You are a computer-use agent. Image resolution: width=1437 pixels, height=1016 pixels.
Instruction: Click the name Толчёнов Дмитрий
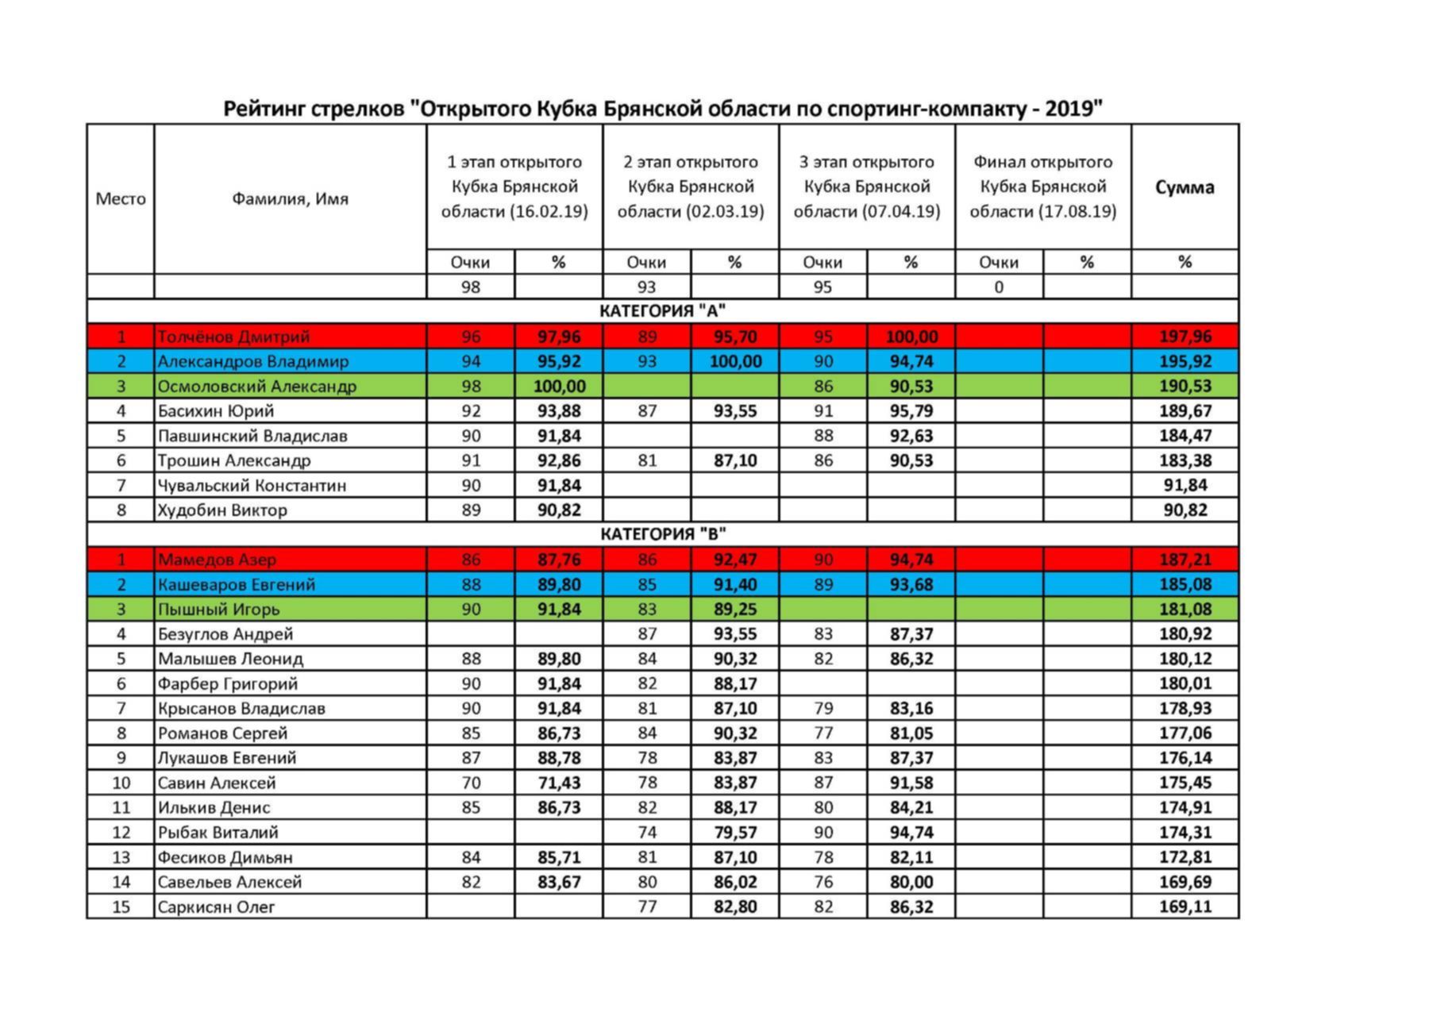233,337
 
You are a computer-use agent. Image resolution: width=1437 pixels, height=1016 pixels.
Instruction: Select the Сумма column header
1184,187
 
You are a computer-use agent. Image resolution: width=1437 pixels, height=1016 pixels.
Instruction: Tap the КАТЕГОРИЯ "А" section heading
662,311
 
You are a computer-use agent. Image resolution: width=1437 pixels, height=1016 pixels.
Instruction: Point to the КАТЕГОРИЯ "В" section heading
662,534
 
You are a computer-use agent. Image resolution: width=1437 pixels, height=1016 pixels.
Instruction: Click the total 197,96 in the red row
1185,337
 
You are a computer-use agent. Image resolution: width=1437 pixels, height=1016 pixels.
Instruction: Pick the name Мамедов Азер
217,560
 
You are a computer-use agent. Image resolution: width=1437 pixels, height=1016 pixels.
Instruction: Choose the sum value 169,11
1185,906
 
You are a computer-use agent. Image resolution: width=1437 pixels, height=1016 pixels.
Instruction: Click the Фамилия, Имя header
290,198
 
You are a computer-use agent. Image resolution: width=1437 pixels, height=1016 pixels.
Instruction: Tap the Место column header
121,198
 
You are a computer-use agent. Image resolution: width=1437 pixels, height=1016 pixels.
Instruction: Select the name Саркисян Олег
216,906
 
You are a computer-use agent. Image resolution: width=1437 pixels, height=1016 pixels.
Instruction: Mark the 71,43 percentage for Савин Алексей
558,783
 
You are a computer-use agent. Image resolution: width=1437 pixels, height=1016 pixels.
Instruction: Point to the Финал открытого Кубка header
1042,187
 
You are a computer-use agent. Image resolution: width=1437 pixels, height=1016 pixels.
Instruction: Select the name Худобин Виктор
222,510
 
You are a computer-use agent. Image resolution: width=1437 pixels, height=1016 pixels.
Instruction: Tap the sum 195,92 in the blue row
1185,361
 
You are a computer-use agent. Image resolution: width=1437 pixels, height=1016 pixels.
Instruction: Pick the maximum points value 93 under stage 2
646,287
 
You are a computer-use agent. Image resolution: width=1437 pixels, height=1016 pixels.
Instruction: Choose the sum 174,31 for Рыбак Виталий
1185,832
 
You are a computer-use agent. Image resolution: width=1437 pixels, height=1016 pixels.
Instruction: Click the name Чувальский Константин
252,485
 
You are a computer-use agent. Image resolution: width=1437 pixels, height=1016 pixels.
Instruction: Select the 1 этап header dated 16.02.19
514,187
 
